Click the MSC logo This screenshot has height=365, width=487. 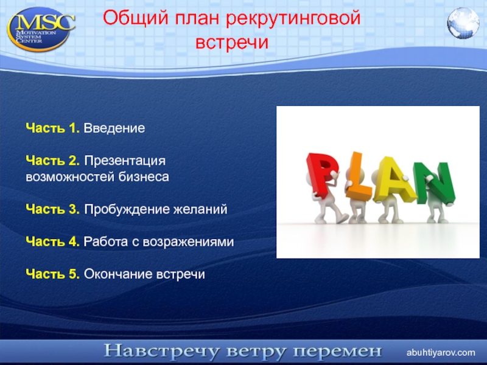click(x=41, y=29)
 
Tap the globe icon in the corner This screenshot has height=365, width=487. click(x=463, y=23)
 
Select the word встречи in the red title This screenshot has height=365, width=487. click(x=232, y=42)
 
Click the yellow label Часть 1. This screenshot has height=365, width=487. click(x=53, y=128)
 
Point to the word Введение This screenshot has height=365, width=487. click(x=114, y=128)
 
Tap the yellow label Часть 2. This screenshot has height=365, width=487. click(x=53, y=161)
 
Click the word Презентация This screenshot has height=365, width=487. click(x=125, y=161)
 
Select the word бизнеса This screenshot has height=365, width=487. click(x=144, y=177)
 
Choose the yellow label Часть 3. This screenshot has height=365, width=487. click(x=53, y=209)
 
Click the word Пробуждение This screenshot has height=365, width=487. click(x=127, y=209)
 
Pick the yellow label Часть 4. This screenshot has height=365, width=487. click(x=53, y=242)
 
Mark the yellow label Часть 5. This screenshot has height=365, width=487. click(x=53, y=274)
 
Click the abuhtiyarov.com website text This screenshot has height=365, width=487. click(x=441, y=353)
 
